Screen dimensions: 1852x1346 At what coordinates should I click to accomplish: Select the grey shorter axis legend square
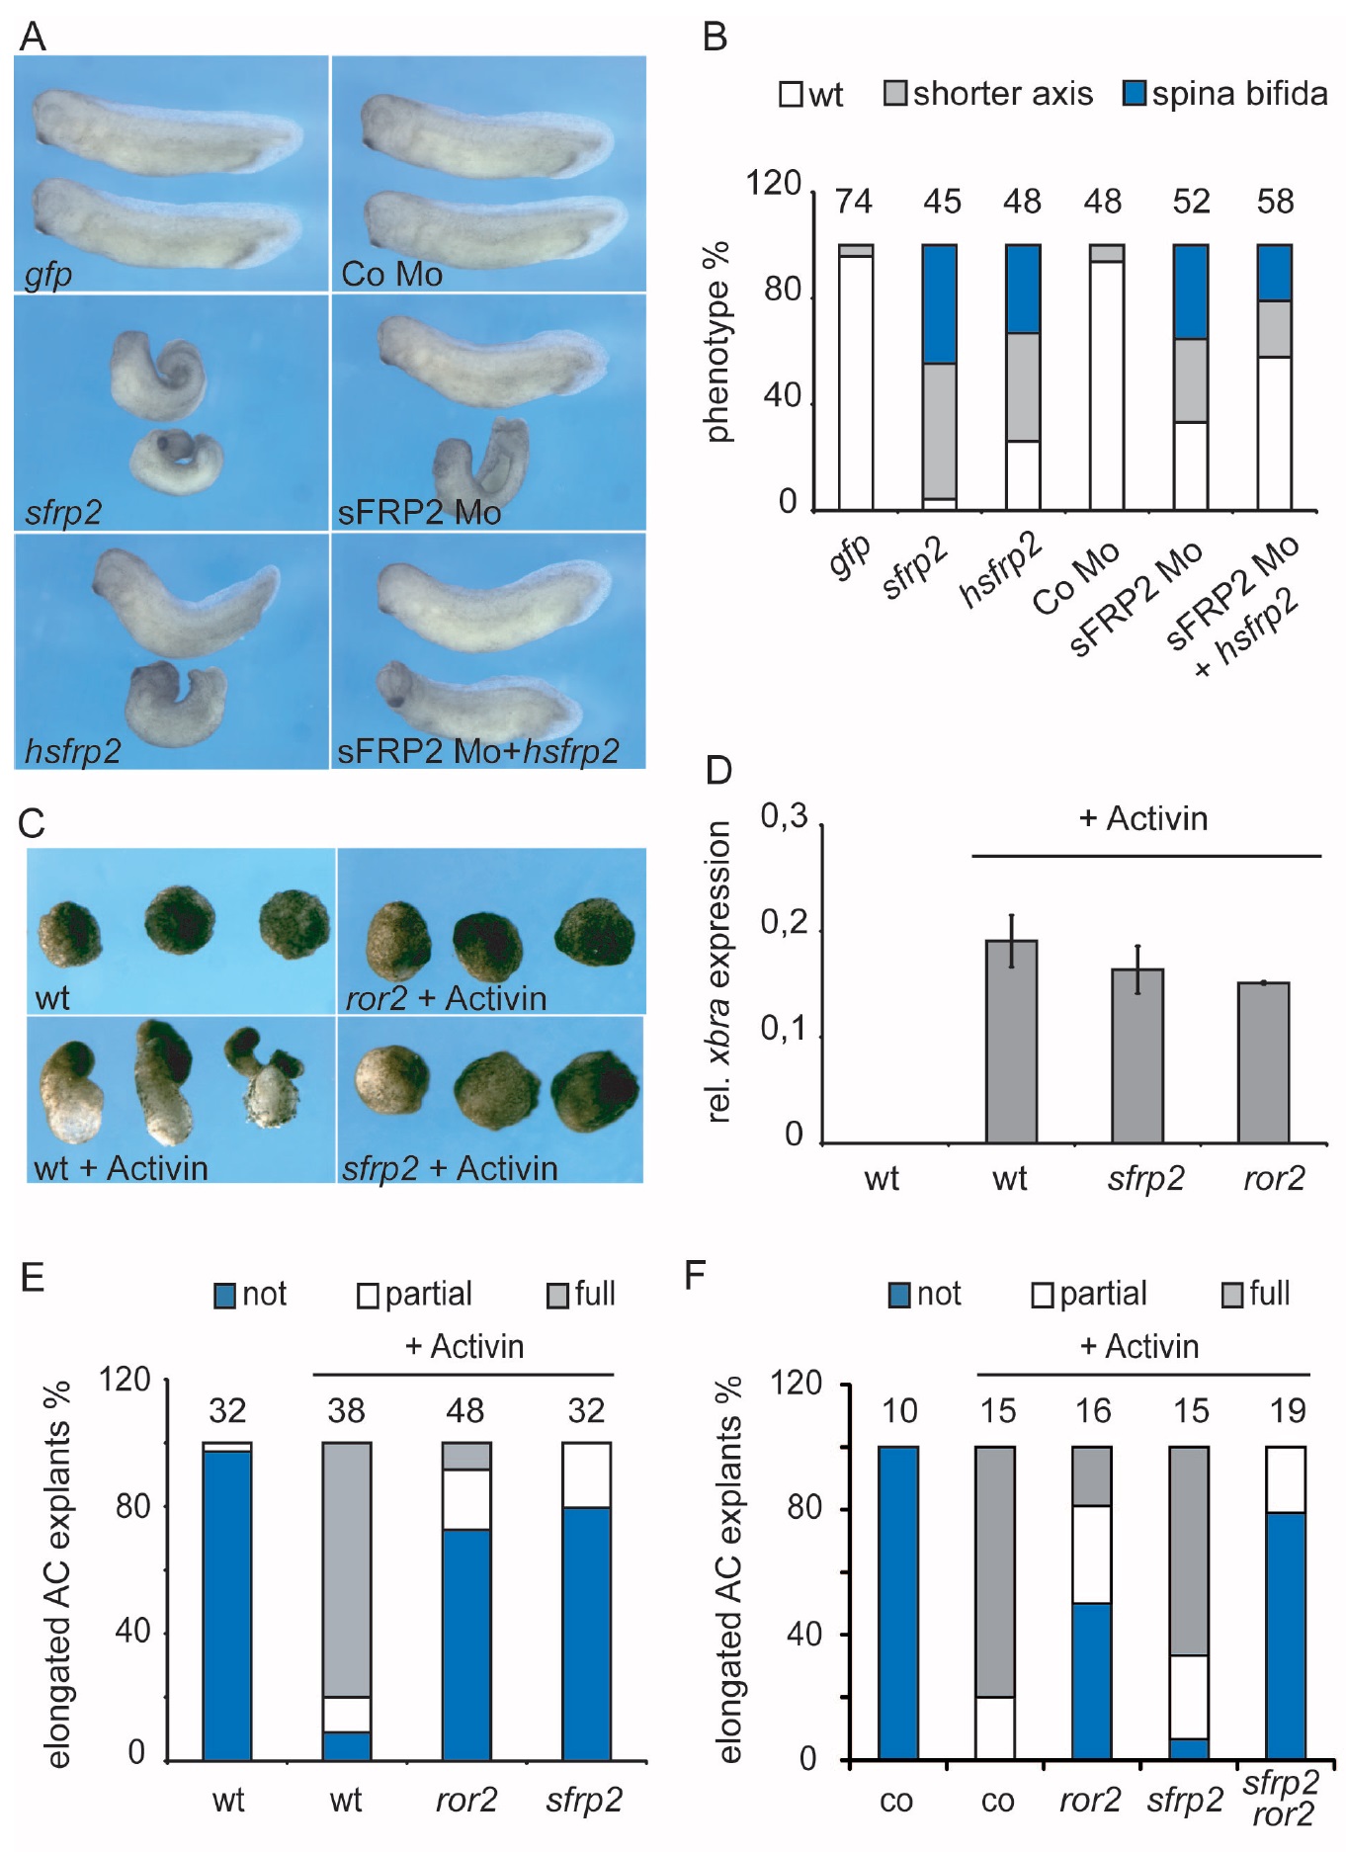pos(894,94)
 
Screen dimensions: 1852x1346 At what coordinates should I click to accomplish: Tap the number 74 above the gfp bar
pos(854,202)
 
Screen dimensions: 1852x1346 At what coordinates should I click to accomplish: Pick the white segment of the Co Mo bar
pos(1107,385)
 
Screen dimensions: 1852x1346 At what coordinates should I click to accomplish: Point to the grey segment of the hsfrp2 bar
pos(1023,386)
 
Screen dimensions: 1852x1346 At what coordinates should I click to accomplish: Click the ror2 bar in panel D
pos(1263,1062)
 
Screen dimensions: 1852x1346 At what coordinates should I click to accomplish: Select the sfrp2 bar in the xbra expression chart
pos(1137,1055)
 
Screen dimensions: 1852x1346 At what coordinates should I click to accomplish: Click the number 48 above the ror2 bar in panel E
pos(464,1410)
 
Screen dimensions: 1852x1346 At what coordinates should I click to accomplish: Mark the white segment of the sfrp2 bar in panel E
pos(586,1474)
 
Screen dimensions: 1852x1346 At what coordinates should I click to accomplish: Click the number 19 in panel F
pos(1288,1410)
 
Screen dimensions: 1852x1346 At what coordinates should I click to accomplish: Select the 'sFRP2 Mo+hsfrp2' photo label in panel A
pos(478,751)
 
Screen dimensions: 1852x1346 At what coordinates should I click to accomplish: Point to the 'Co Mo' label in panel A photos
pos(391,274)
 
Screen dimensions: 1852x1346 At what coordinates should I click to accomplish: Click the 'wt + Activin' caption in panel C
pos(121,1168)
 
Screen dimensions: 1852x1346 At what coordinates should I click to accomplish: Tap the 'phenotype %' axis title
pos(718,341)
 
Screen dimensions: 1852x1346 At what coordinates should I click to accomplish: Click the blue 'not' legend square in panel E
pos(225,1295)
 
